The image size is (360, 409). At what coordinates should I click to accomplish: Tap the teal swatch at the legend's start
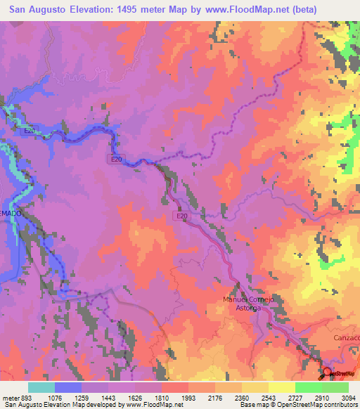(x=41, y=387)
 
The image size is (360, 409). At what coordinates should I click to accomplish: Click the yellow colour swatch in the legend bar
(x=282, y=387)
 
